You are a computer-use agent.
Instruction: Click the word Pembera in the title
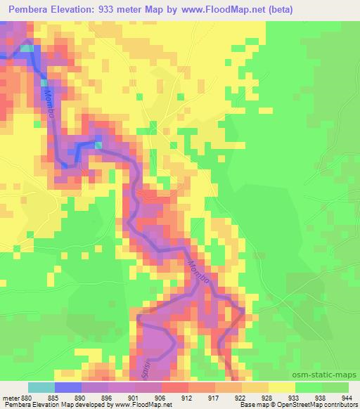click(27, 9)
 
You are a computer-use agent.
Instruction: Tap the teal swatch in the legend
click(41, 387)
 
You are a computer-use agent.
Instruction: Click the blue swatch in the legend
click(68, 387)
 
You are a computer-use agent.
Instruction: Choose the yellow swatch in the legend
click(282, 387)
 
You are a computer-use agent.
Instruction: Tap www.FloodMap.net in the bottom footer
click(150, 405)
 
